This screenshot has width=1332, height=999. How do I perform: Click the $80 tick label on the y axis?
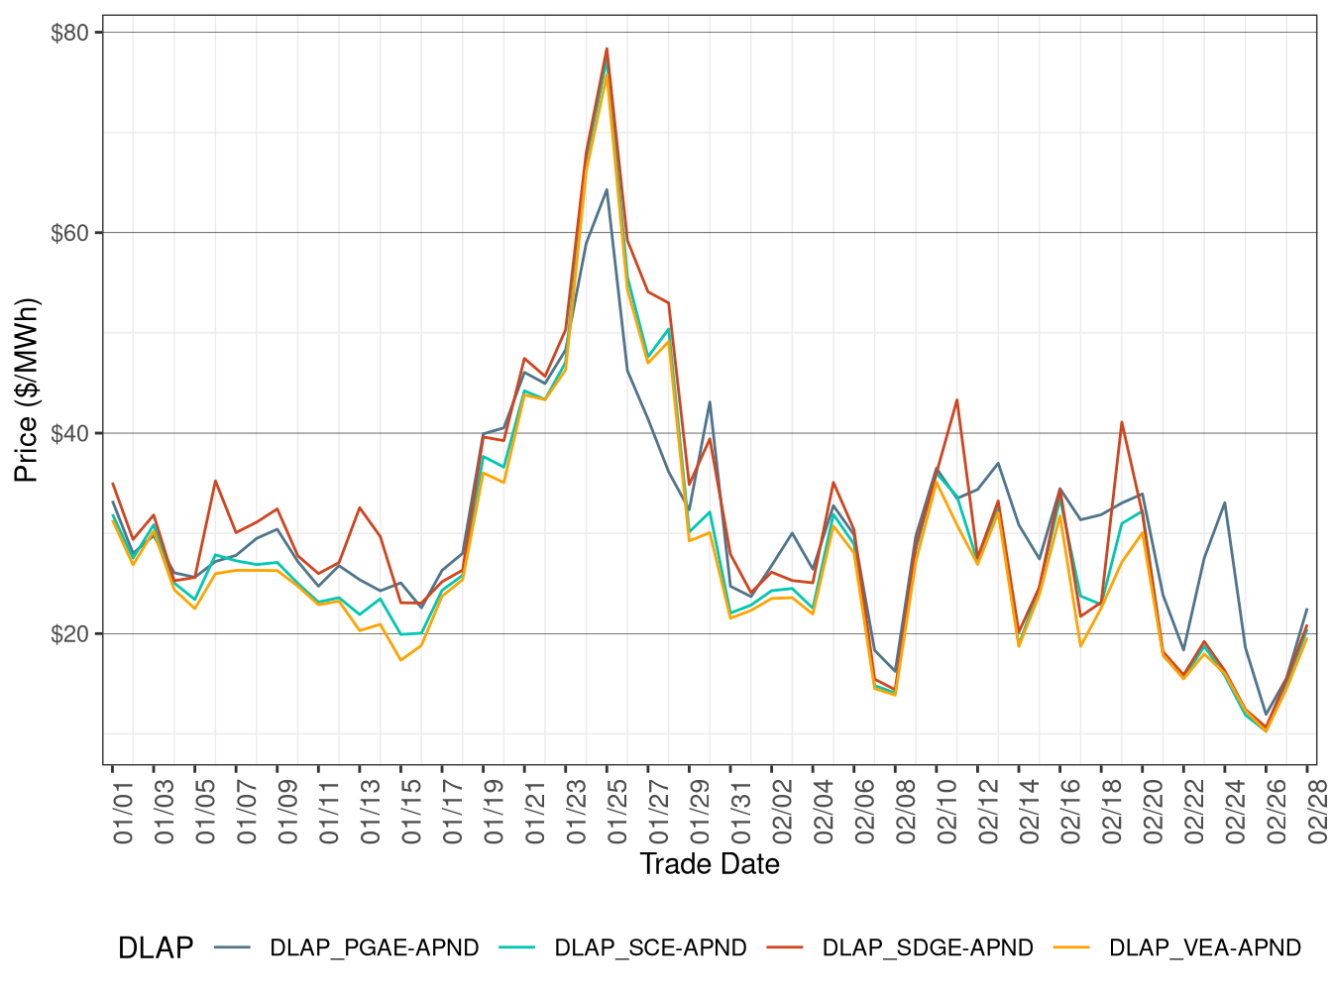point(69,33)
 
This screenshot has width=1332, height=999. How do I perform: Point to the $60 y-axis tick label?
point(69,233)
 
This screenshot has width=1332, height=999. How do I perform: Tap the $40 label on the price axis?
point(69,433)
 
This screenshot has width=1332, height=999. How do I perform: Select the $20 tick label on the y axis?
point(69,634)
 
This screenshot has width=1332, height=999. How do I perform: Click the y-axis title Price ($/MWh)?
point(27,389)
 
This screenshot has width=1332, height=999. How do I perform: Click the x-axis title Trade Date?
point(710,864)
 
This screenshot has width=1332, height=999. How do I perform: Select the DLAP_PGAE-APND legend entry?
point(374,948)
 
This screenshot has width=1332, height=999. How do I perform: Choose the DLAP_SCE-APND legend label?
point(650,948)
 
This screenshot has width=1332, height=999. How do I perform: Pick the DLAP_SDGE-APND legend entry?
point(928,948)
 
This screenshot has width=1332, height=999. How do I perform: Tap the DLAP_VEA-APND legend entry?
point(1204,948)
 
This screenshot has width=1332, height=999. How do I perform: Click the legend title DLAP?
point(155,948)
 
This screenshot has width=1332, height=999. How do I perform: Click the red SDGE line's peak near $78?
point(607,49)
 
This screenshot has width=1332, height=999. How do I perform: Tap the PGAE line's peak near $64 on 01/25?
point(607,189)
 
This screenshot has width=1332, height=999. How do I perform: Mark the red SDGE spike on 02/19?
point(1122,422)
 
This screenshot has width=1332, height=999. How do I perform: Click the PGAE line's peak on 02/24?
point(1225,502)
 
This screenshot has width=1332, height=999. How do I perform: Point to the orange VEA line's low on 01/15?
point(400,660)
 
